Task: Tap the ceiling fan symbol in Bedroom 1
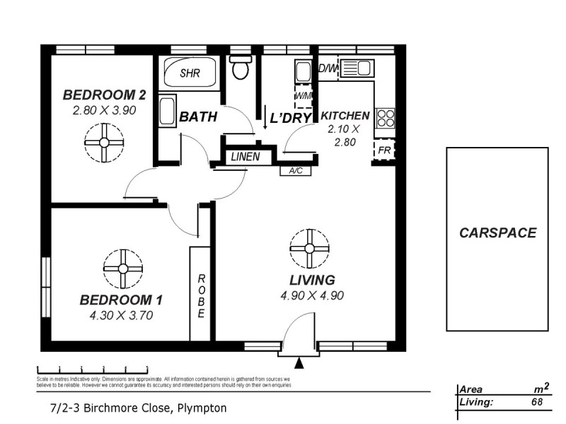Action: [122, 269]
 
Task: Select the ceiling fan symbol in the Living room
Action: [309, 248]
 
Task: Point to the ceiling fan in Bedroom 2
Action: [104, 142]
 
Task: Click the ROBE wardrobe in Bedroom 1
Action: [200, 293]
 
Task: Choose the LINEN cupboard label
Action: [245, 157]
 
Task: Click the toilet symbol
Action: [241, 68]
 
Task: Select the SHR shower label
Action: [190, 73]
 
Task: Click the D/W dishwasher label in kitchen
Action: [327, 69]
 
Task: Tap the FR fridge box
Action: [383, 151]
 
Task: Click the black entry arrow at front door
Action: [299, 364]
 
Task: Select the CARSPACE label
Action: [497, 232]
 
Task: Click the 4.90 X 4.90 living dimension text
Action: [312, 295]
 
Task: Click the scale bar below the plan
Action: [92, 369]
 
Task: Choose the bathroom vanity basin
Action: [168, 112]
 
